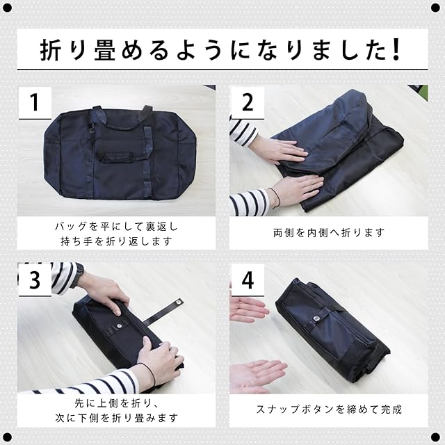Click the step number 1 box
click(35, 103)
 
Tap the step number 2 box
click(248, 103)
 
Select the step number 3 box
click(35, 280)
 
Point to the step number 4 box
click(248, 280)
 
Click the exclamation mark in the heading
click(396, 49)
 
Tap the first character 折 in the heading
click(50, 50)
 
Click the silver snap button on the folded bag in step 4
click(317, 319)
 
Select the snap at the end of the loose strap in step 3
click(178, 302)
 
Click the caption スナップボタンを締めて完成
click(329, 410)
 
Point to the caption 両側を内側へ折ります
click(329, 233)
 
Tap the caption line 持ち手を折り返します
click(116, 241)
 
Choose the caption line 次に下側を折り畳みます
click(116, 418)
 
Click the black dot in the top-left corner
click(7, 8)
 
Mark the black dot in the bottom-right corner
click(435, 437)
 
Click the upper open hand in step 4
click(248, 310)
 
